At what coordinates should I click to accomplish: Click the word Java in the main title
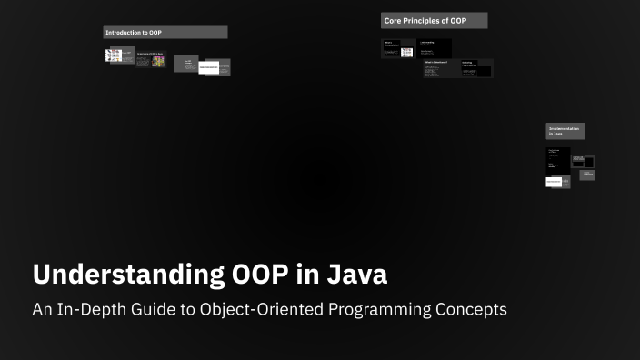pyautogui.click(x=358, y=275)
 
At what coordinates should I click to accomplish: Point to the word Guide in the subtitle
pyautogui.click(x=155, y=310)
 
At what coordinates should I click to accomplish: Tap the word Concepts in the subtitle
pyautogui.click(x=469, y=310)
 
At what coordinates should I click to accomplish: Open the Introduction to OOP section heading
pyautogui.click(x=165, y=33)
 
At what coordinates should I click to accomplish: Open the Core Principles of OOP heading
pyautogui.click(x=434, y=20)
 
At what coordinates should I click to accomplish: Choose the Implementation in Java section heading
pyautogui.click(x=565, y=131)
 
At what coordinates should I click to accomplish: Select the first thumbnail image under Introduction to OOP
pyautogui.click(x=114, y=55)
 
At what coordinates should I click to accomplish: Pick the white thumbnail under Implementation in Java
pyautogui.click(x=554, y=182)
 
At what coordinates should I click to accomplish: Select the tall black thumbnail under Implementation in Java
pyautogui.click(x=557, y=160)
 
